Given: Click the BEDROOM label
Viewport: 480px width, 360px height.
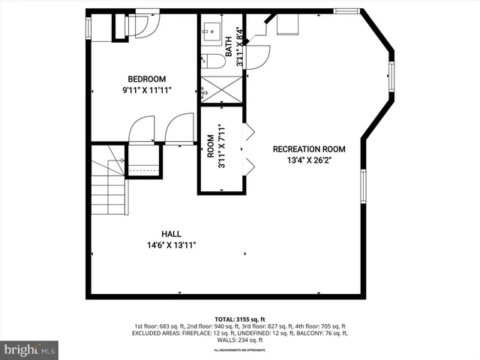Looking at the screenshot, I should point(146,79).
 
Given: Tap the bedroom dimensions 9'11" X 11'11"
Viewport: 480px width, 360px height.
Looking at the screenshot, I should point(146,91).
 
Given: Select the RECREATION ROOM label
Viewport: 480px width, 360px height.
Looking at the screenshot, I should point(308,148).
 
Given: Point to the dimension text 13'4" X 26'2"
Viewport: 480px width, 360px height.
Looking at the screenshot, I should point(308,160).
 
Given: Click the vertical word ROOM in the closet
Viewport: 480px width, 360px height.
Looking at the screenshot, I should point(211,145).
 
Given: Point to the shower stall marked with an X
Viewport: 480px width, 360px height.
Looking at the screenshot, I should point(220,88).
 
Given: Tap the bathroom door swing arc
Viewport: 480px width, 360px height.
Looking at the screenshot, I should point(256,58).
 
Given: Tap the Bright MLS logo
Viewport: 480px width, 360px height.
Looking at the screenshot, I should point(30,349).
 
